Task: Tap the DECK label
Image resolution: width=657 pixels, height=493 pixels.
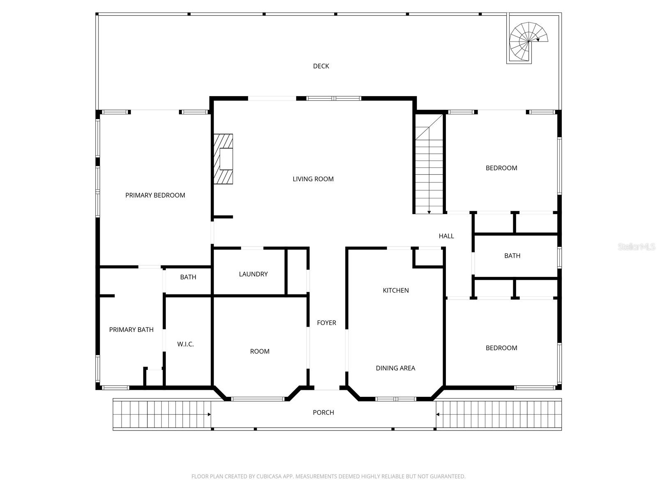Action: [x=321, y=66]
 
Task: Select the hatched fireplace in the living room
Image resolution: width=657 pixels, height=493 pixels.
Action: [x=223, y=159]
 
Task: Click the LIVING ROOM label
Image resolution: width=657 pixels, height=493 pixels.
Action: [x=313, y=179]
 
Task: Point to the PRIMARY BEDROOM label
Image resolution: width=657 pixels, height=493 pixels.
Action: [x=155, y=196]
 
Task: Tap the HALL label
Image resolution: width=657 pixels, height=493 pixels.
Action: [x=446, y=236]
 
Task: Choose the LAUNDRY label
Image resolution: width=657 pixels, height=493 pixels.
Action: [x=253, y=274]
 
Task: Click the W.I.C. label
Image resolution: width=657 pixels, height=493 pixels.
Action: [x=185, y=344]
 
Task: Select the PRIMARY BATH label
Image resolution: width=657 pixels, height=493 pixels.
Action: [x=131, y=330]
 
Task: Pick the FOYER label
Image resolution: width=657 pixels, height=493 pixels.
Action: [x=326, y=323]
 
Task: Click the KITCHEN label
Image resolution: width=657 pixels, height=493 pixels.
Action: [x=395, y=290]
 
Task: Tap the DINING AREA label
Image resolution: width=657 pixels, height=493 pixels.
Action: [x=395, y=368]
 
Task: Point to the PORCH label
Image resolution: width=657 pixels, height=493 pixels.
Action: [x=323, y=412]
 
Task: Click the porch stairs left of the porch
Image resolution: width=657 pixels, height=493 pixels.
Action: [x=162, y=415]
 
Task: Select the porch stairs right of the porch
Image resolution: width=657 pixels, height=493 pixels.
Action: [x=498, y=415]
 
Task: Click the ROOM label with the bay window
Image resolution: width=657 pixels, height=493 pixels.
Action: [x=260, y=352]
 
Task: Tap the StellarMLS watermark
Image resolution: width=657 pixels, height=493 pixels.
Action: [x=636, y=247]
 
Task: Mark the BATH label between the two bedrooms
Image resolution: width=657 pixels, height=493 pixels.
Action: [x=512, y=256]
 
